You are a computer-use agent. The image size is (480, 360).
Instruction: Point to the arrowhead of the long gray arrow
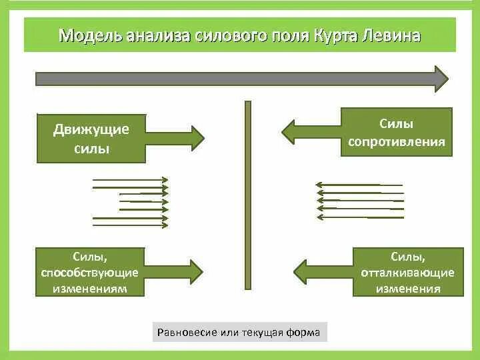441,79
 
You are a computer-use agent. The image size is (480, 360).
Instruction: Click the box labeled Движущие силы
91,139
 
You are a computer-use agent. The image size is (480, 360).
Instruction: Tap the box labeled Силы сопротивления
396,132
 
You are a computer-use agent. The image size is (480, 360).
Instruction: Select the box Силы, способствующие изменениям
89,272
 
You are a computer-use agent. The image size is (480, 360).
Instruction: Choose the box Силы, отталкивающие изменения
407,272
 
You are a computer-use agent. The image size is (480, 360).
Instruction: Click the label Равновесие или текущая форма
239,332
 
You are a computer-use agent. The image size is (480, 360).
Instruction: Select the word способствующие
89,273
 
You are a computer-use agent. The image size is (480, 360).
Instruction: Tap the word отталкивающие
407,273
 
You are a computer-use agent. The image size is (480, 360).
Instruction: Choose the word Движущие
91,129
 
